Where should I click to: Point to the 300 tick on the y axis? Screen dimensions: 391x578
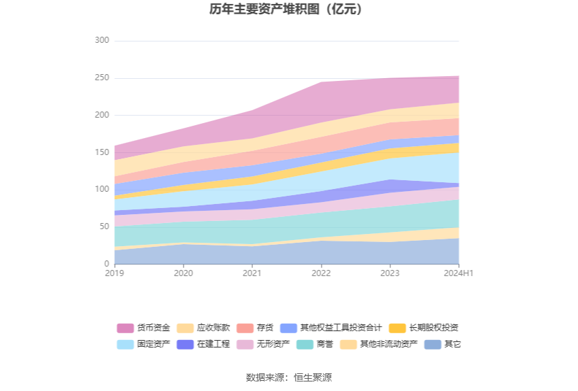(x=102, y=41)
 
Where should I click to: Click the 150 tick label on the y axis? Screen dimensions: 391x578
(x=102, y=152)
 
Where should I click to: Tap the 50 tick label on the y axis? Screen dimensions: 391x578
(x=104, y=226)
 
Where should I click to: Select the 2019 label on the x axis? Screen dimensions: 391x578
(x=115, y=273)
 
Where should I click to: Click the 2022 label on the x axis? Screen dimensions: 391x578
(x=321, y=273)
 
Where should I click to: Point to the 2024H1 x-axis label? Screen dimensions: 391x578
(x=458, y=273)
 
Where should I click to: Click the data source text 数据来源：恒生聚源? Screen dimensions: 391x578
(x=289, y=377)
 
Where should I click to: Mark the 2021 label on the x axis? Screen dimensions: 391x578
(x=252, y=273)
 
